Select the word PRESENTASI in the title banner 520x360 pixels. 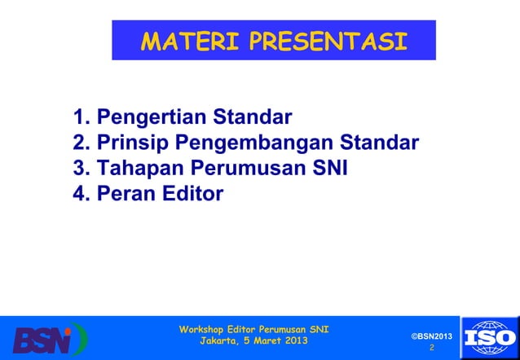(328, 42)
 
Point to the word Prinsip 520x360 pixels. (133, 144)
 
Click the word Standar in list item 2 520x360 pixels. (379, 144)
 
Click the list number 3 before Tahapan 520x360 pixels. (80, 169)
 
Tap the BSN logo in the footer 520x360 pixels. (49, 338)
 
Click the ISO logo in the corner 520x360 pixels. (489, 336)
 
